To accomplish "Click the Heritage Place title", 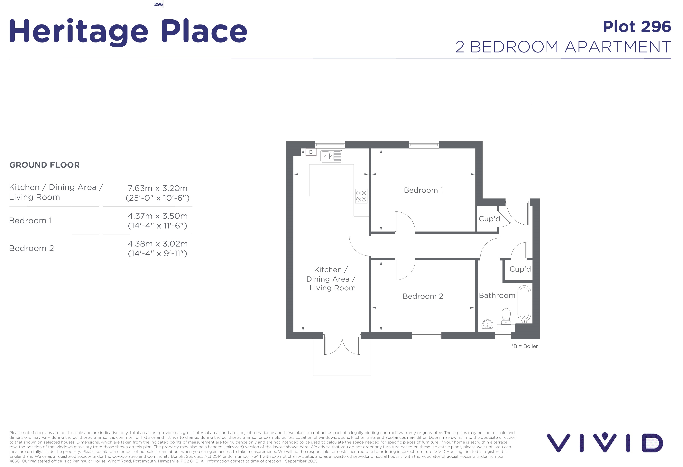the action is [128, 32].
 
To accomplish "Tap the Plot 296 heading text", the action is [637, 27].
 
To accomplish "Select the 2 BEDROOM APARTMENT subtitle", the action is [563, 47].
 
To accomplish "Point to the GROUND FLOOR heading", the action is [44, 165].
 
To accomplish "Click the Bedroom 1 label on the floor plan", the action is [423, 190].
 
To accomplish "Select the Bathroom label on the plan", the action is [497, 295].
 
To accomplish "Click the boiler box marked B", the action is [311, 152].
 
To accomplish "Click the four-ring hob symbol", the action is [361, 196].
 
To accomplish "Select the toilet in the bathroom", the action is [506, 316].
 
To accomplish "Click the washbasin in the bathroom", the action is [488, 324].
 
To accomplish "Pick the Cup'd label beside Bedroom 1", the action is [489, 219].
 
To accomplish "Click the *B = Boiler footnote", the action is [525, 346].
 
